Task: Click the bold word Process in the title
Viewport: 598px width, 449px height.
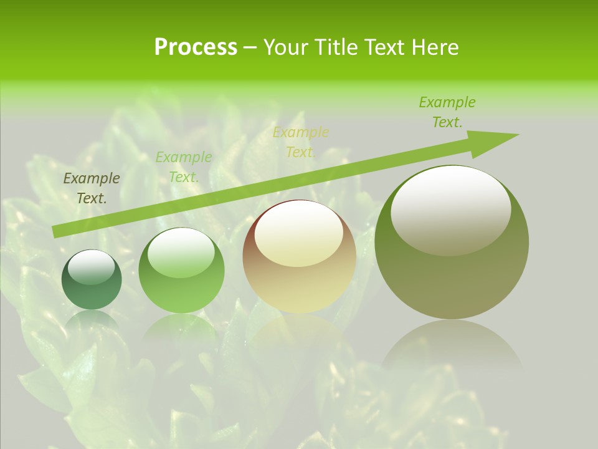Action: pyautogui.click(x=196, y=47)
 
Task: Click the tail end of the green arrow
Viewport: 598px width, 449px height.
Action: pyautogui.click(x=56, y=232)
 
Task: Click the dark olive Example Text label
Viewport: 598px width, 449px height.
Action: pyautogui.click(x=92, y=188)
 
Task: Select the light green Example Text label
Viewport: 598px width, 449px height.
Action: pyautogui.click(x=184, y=167)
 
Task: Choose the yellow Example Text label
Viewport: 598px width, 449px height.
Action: pyautogui.click(x=301, y=142)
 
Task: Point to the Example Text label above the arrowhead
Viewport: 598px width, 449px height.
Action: pyautogui.click(x=447, y=112)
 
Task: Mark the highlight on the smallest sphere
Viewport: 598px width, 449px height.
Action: pyautogui.click(x=91, y=267)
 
